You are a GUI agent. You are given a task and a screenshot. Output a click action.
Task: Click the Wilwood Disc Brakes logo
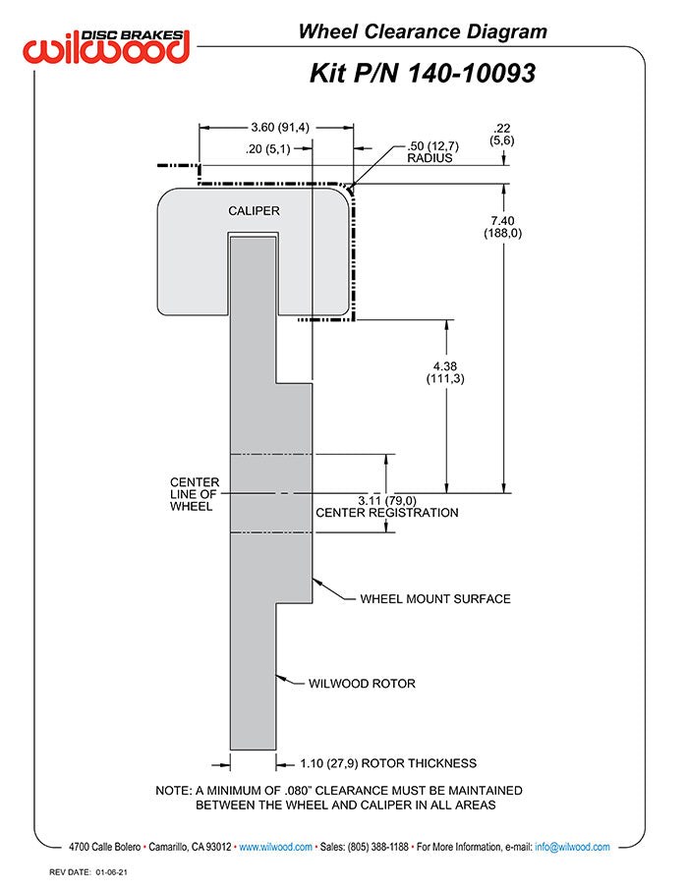107,45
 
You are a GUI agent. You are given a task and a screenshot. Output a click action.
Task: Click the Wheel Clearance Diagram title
422,32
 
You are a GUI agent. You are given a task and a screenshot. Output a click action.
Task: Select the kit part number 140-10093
422,73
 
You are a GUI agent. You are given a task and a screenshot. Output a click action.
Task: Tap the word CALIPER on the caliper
254,211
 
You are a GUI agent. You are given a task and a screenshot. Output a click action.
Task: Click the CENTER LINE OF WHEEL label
194,494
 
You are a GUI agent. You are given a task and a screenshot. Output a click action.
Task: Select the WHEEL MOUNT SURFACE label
434,598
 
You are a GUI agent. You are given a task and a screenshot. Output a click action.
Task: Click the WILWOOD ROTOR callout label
362,684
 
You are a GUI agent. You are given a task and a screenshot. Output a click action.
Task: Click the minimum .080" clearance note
339,798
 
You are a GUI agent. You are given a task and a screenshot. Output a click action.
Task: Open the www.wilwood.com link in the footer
275,847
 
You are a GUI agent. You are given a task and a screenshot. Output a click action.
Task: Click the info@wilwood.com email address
572,847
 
